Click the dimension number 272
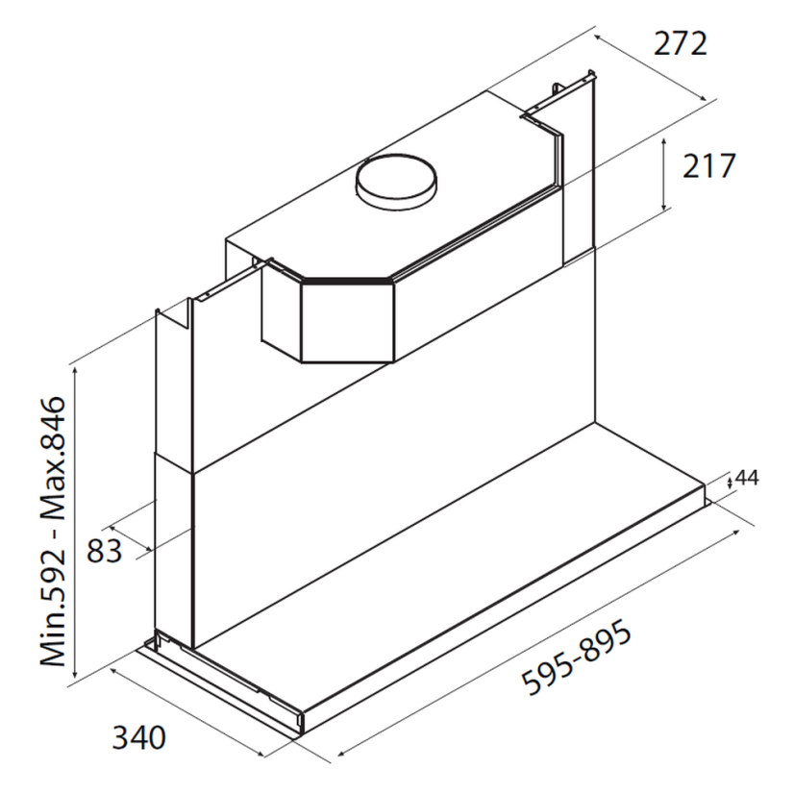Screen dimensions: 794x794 [680, 43]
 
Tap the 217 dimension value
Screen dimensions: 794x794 [708, 165]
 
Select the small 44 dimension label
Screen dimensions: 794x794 [747, 478]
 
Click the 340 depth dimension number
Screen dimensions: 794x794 [138, 738]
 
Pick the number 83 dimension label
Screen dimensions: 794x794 [105, 551]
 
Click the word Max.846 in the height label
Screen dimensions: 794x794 [53, 459]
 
